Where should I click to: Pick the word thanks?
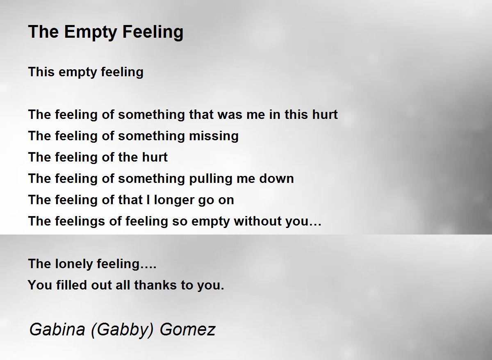155,285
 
